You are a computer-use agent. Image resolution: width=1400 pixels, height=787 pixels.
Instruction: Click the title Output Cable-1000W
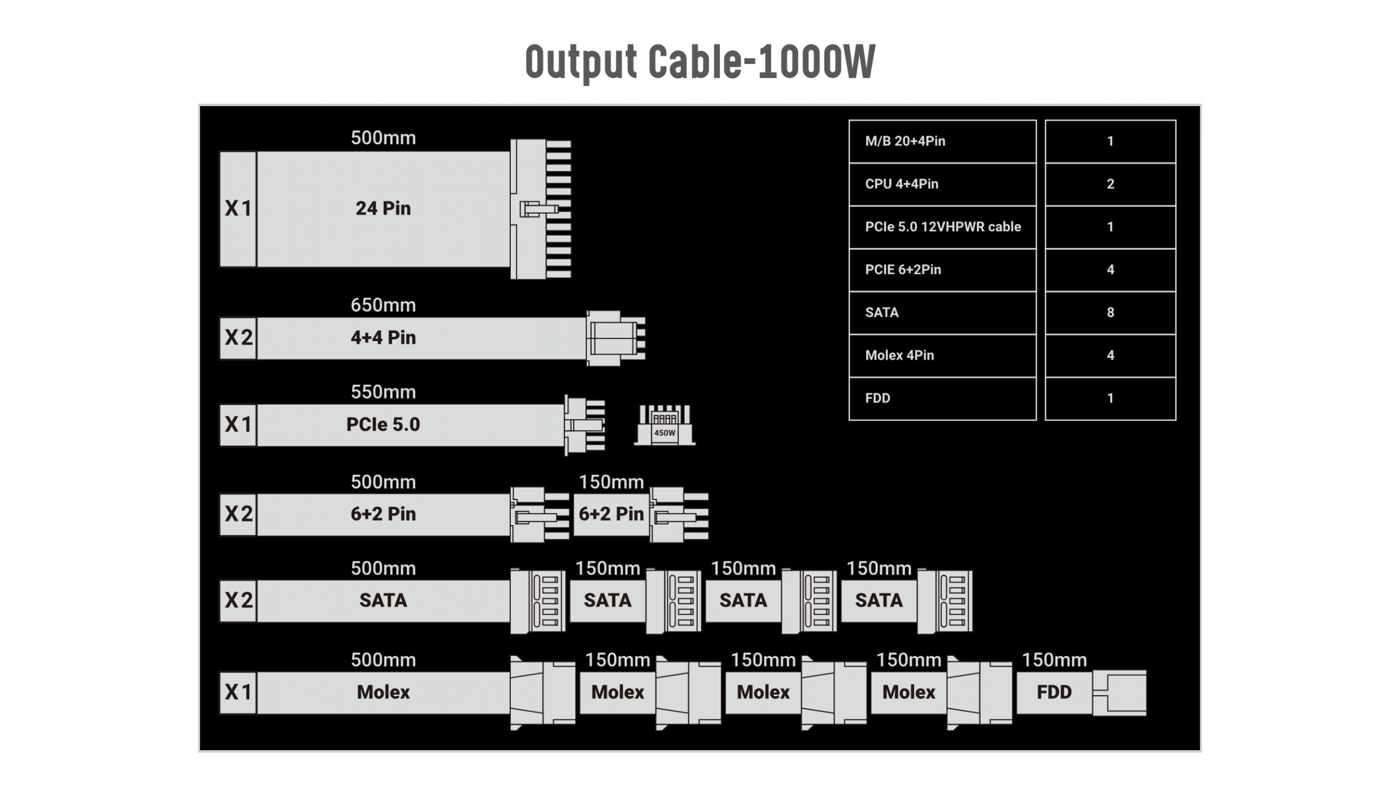coord(700,61)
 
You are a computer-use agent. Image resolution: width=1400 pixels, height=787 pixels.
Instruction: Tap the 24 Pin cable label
coord(383,208)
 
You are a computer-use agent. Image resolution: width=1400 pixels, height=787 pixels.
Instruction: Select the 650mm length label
coord(383,305)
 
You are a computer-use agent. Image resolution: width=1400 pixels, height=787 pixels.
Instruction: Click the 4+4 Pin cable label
coord(383,338)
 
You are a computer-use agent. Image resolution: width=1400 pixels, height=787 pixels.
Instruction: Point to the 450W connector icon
coord(664,425)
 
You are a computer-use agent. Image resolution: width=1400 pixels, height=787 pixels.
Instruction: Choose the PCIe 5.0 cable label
coord(383,425)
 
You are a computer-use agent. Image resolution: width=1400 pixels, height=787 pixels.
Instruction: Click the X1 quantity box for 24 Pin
coord(238,209)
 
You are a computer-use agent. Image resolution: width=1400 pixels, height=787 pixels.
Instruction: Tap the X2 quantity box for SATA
coord(238,600)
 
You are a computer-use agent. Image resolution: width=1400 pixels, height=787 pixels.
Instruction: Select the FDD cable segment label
coord(1054,692)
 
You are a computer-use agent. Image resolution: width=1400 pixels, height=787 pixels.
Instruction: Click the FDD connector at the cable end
coord(1120,692)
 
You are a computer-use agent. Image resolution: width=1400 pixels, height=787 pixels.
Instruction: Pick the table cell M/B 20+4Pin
coord(942,141)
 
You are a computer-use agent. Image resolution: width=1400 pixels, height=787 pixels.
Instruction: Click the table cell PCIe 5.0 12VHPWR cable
coord(942,227)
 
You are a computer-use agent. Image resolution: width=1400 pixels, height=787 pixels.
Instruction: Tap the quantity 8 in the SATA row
coord(1110,313)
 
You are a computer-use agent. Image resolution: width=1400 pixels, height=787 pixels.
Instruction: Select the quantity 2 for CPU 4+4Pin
coord(1110,184)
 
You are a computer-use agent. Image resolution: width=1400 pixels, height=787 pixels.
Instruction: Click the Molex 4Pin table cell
coord(942,355)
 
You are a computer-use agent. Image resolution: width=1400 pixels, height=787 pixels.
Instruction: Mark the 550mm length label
coord(383,392)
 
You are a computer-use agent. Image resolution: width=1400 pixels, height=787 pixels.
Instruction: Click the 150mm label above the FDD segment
coord(1054,660)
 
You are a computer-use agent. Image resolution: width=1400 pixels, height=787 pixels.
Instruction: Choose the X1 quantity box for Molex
coord(238,692)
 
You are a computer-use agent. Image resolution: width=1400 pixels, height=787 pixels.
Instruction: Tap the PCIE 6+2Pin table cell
coord(942,269)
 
